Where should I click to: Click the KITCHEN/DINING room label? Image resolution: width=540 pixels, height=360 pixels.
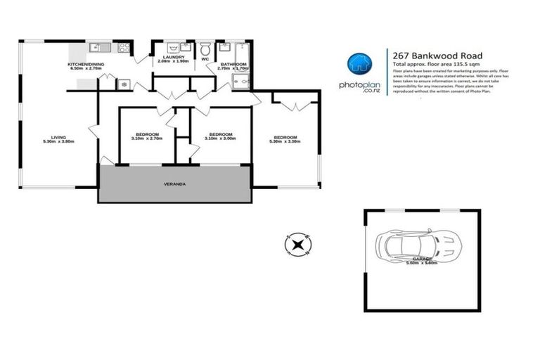click(x=87, y=64)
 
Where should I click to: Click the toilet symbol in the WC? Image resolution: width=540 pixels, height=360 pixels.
click(x=205, y=50)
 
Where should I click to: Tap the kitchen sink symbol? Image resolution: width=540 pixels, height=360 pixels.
click(x=98, y=48)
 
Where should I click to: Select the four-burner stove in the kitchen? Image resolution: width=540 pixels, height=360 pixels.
click(x=124, y=49)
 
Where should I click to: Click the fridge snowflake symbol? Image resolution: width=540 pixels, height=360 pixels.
click(x=124, y=83)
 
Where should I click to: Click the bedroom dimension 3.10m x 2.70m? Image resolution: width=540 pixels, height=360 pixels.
click(x=147, y=139)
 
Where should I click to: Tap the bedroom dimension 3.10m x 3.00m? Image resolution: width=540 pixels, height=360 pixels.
click(x=221, y=139)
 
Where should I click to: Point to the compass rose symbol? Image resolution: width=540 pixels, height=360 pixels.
click(x=297, y=245)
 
